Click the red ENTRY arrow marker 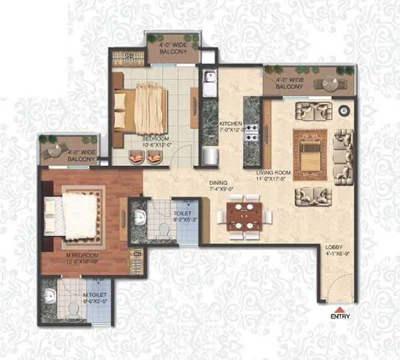tap(341, 309)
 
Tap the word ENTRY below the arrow tap(341, 317)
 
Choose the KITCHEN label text tap(231, 125)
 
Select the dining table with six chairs tap(244, 216)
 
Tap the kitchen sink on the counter tap(209, 83)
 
